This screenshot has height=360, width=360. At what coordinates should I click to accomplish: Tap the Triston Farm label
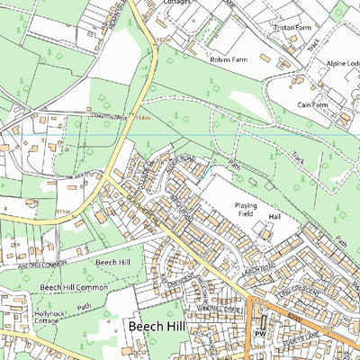tap(292, 29)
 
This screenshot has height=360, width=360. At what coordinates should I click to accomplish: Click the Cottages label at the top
tap(180, 3)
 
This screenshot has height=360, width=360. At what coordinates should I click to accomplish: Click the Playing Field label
tap(247, 211)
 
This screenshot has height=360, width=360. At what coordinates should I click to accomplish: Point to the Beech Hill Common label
tap(74, 287)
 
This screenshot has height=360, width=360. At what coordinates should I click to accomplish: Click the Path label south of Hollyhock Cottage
tap(84, 306)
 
